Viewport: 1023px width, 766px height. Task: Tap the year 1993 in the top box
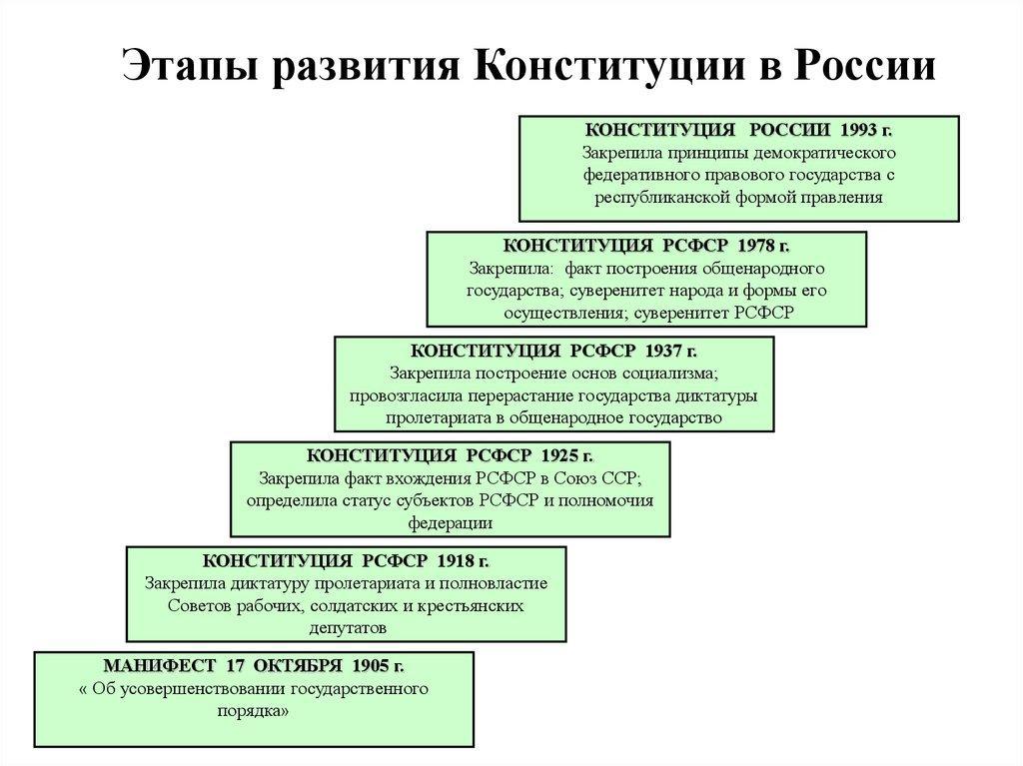coord(859,131)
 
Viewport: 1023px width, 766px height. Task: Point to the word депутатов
coord(346,628)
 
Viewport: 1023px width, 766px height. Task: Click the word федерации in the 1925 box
coord(450,522)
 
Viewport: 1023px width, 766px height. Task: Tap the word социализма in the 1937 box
coord(671,374)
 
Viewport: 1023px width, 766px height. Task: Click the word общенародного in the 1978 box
coord(770,269)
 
